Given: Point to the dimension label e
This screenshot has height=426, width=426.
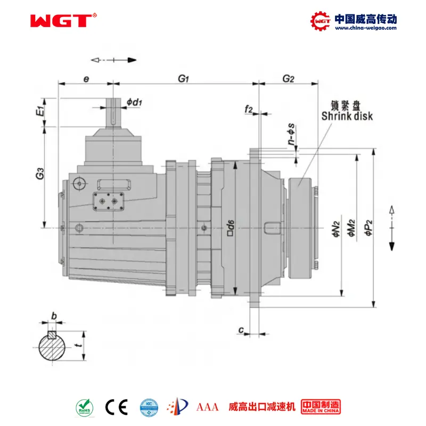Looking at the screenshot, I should (86, 79).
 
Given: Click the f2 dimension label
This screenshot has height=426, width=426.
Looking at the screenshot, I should (248, 109).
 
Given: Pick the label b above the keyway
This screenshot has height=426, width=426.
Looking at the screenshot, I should (53, 316).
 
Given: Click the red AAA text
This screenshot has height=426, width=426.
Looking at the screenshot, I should (208, 407).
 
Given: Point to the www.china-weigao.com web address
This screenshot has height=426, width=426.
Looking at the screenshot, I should (365, 28).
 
